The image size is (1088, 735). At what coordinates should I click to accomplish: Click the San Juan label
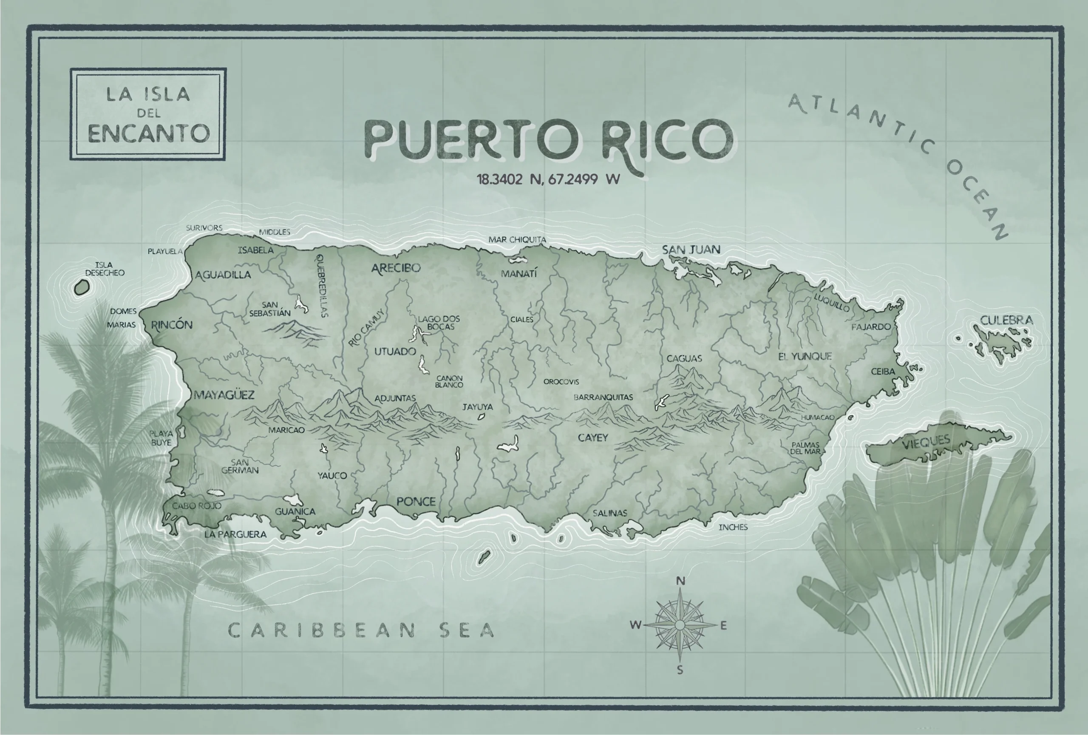(691, 250)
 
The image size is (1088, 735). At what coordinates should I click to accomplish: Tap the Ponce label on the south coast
(416, 501)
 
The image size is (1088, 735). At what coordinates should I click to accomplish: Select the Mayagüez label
(224, 394)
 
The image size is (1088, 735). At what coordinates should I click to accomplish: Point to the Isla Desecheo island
(82, 287)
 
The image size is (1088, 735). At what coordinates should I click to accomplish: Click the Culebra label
(1006, 320)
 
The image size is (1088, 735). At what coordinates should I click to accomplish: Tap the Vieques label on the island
(926, 442)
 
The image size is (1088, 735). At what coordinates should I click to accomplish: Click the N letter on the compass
(680, 581)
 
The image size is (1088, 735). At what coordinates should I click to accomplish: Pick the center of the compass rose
(680, 624)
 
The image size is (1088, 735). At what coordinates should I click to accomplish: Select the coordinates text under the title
(548, 179)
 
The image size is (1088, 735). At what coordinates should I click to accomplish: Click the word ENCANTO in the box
(148, 134)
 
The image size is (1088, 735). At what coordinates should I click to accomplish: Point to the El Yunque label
(805, 356)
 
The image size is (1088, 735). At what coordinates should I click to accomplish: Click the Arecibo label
(396, 268)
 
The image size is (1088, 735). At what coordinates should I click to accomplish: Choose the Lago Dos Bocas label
(439, 322)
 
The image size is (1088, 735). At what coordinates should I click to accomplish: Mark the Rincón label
(171, 325)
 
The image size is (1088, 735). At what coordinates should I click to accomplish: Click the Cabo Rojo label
(197, 505)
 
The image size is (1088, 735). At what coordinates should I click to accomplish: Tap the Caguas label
(684, 359)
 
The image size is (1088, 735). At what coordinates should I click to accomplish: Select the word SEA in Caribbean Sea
(467, 630)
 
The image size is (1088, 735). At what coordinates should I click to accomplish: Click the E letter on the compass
(723, 625)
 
